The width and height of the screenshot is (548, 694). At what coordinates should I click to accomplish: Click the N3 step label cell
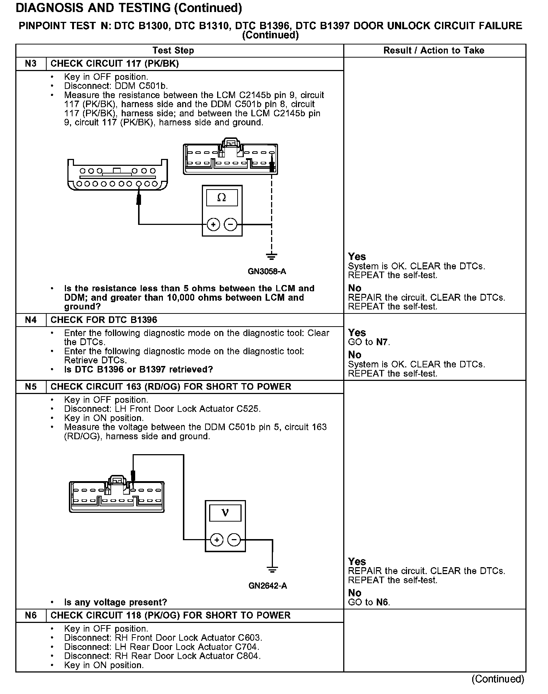click(x=31, y=64)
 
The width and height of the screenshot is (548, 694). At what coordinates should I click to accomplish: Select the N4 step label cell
click(x=31, y=320)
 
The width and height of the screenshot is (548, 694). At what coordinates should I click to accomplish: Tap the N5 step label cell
click(x=31, y=387)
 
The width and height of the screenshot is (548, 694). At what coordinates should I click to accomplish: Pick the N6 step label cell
click(x=31, y=616)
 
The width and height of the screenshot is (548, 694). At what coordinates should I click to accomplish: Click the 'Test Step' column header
click(x=173, y=50)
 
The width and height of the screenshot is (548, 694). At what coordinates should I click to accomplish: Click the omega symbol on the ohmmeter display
click(x=222, y=198)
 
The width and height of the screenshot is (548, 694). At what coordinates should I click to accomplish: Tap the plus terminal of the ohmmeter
click(x=214, y=225)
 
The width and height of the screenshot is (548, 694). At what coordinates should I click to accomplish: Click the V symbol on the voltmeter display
click(x=225, y=513)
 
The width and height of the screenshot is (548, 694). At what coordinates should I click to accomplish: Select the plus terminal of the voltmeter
click(x=217, y=539)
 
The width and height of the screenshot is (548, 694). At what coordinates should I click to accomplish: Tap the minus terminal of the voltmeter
click(x=234, y=539)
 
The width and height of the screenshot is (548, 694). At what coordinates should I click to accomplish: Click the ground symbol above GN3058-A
click(x=271, y=257)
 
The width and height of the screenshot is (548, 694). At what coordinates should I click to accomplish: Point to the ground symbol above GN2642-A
click(x=272, y=569)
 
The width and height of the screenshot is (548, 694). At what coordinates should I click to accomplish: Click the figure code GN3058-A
click(x=267, y=272)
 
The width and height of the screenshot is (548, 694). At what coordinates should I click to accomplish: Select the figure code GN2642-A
click(x=268, y=586)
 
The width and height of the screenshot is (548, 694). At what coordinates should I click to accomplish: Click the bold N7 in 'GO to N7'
click(x=382, y=342)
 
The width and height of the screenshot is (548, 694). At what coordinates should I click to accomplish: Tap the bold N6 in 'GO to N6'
click(x=382, y=602)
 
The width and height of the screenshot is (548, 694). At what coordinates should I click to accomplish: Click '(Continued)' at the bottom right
click(x=498, y=679)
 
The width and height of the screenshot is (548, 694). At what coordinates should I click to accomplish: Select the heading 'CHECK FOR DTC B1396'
click(x=104, y=320)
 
